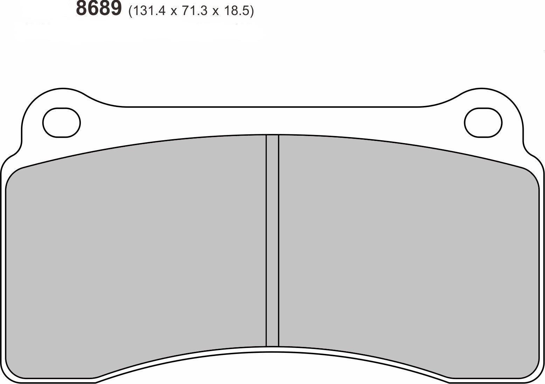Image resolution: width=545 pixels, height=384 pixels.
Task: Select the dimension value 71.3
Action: coord(195,11)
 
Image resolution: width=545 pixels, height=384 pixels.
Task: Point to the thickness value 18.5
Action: coord(238,11)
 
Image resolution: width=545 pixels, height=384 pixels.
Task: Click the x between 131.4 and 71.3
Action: coord(174,12)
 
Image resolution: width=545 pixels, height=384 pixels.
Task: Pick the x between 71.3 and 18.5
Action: coord(216,12)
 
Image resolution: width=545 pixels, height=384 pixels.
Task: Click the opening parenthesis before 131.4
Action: coord(131,12)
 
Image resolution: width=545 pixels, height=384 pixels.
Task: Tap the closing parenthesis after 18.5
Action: coord(252,12)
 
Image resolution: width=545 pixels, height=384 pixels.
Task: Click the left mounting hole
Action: coord(62,123)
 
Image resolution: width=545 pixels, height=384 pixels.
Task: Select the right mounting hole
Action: coord(483,123)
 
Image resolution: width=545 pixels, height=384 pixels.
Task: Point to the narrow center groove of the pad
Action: coord(272,241)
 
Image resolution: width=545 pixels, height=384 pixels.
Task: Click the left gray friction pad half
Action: coord(137,252)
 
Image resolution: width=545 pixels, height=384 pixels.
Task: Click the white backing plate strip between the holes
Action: coord(272,121)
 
